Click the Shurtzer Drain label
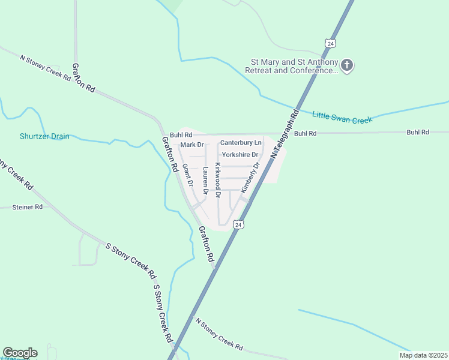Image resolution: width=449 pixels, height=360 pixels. pyautogui.click(x=44, y=136)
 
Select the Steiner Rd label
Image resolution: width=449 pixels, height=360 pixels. pyautogui.click(x=28, y=207)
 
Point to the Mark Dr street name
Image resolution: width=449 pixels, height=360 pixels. pyautogui.click(x=192, y=145)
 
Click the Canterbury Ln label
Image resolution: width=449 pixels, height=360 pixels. pyautogui.click(x=241, y=143)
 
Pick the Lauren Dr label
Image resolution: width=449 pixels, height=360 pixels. pyautogui.click(x=205, y=181)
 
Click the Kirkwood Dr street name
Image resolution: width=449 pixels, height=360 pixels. pyautogui.click(x=218, y=180)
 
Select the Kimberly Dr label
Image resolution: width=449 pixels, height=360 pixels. pyautogui.click(x=250, y=178)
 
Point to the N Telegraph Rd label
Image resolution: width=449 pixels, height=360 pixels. pyautogui.click(x=285, y=134)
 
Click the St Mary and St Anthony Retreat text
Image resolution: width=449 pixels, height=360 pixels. pyautogui.click(x=292, y=66)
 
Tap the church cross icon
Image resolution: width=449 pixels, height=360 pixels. pyautogui.click(x=347, y=65)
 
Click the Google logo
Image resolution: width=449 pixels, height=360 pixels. pyautogui.click(x=20, y=353)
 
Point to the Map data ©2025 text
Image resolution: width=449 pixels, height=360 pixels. pyautogui.click(x=423, y=355)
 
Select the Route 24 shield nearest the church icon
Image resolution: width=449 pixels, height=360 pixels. pyautogui.click(x=330, y=43)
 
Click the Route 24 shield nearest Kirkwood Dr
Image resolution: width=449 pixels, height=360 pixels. pyautogui.click(x=239, y=224)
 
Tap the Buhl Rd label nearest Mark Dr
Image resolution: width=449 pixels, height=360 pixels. pyautogui.click(x=180, y=135)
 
